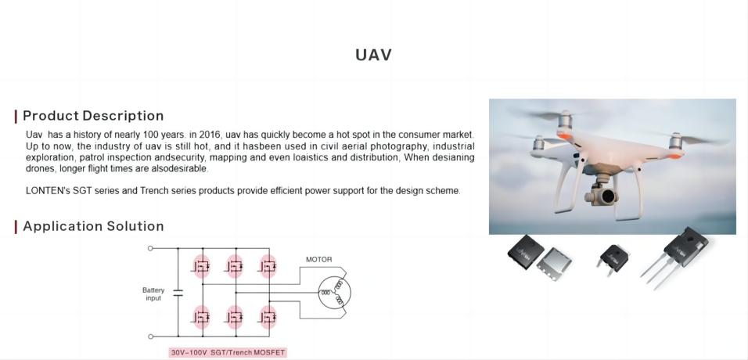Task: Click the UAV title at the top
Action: click(x=373, y=55)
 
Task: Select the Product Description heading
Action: click(x=93, y=116)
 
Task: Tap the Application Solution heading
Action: click(x=93, y=226)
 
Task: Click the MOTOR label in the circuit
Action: click(x=318, y=260)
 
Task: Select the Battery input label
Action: click(x=153, y=294)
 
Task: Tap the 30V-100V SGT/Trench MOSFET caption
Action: click(x=228, y=353)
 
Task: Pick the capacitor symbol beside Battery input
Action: click(x=178, y=292)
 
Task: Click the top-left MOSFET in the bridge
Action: click(x=201, y=267)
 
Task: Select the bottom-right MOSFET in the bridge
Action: click(x=268, y=317)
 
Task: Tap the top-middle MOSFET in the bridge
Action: click(x=235, y=267)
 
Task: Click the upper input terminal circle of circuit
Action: click(x=150, y=248)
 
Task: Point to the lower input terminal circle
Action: click(x=150, y=337)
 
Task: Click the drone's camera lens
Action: click(x=608, y=196)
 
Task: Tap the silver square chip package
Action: click(x=554, y=264)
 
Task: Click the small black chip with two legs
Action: click(x=613, y=257)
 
